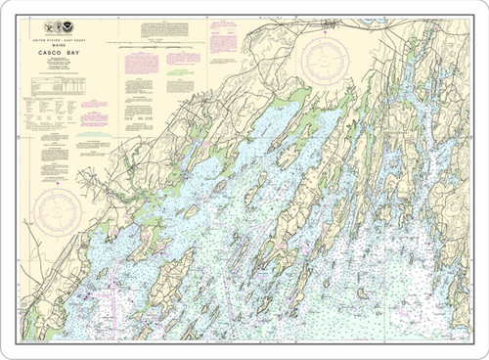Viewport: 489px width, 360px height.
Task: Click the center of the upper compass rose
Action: coord(328,61)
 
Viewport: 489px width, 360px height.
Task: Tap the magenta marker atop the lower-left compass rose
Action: coord(58,182)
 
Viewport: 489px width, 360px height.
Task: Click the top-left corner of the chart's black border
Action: coord(19,19)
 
